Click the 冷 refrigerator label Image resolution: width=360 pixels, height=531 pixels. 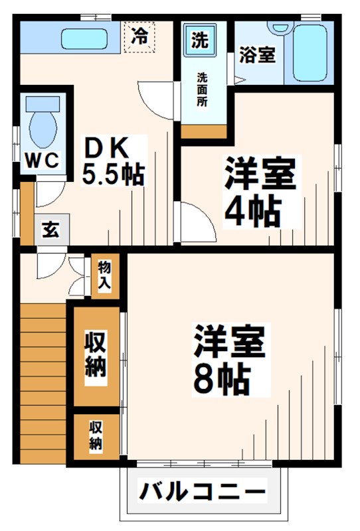point(139,36)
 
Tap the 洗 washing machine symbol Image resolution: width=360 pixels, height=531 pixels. point(199,39)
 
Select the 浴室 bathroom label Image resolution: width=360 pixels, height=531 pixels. point(257,54)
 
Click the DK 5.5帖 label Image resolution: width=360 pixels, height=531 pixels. point(113,161)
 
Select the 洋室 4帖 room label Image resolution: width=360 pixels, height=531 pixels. point(258,190)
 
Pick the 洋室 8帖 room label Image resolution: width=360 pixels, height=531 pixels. point(229,359)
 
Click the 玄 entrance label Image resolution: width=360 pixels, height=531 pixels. point(50,230)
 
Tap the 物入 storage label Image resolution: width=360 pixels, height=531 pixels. point(105,274)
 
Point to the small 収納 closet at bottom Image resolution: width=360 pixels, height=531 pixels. point(97,435)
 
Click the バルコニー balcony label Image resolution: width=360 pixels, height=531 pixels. point(202,493)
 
